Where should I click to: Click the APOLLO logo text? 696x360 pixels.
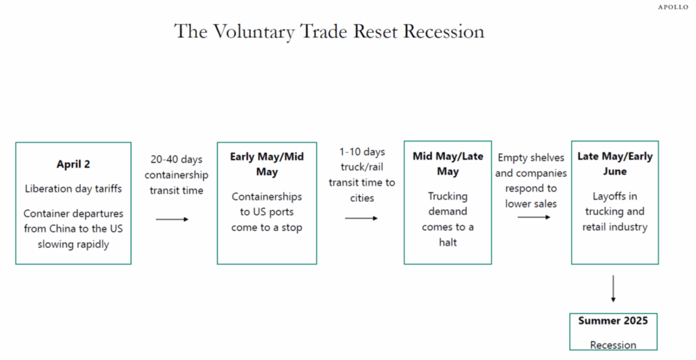pos(673,7)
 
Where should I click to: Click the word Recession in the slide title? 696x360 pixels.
pos(444,32)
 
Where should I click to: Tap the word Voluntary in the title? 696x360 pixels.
pos(254,32)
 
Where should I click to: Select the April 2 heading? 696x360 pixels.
pos(73,164)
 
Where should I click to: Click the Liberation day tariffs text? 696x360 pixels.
pos(73,188)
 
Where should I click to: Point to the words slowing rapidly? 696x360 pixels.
pos(73,245)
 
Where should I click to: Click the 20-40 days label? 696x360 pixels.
pos(176,159)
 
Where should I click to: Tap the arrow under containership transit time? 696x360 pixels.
pos(172,219)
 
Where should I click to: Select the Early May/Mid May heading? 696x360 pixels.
pos(267,164)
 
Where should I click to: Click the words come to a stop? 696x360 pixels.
pos(267,227)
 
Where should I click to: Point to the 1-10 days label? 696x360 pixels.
pos(362,152)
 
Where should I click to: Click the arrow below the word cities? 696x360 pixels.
pos(361,219)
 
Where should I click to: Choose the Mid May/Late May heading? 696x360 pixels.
pos(448,163)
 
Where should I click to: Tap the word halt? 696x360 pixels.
pos(448,242)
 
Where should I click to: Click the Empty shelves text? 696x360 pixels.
pos(531,158)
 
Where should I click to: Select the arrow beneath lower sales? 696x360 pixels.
pos(534,217)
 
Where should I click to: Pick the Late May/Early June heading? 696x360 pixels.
pos(615,163)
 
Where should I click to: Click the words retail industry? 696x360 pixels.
pos(615,227)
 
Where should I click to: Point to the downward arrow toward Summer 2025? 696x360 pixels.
pos(613,289)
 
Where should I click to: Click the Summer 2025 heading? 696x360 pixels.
pos(613,321)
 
